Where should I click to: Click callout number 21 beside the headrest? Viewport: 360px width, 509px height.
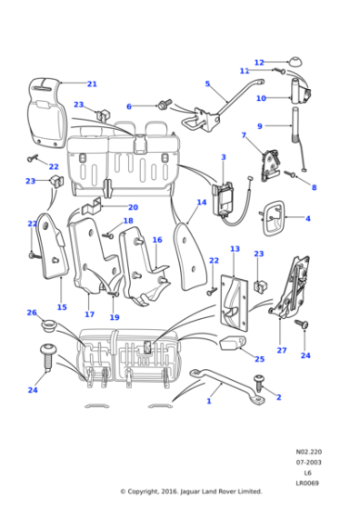(x=92, y=85)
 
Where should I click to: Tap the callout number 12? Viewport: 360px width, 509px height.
(x=258, y=63)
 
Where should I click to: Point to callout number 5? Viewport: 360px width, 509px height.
(x=207, y=85)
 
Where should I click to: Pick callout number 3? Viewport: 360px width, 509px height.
(x=223, y=157)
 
